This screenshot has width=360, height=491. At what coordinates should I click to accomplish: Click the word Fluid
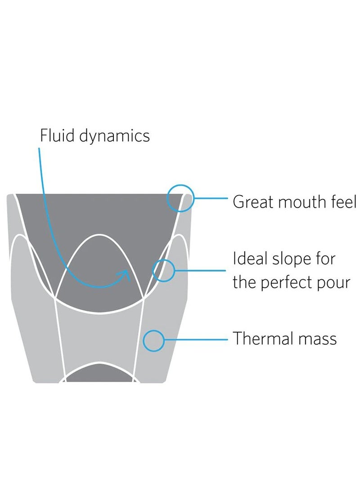[57, 136]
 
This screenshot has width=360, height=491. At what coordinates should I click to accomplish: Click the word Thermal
[262, 339]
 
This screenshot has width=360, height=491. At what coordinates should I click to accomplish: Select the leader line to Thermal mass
[196, 339]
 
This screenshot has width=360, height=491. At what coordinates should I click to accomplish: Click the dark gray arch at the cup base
[99, 374]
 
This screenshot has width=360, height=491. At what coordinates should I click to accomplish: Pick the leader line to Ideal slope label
[200, 271]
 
